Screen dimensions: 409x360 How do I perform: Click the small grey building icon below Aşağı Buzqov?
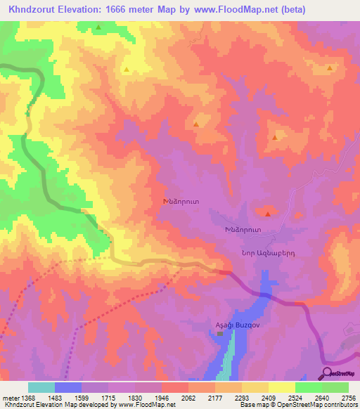220,334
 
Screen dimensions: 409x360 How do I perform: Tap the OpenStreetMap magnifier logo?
327,373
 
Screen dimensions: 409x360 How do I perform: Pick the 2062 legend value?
188,397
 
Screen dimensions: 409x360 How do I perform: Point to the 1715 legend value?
108,397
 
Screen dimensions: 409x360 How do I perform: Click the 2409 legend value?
268,397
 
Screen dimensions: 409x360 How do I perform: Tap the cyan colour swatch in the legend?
41,387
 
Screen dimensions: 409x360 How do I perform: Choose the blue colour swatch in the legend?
68,387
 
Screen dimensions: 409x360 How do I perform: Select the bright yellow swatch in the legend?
281,387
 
